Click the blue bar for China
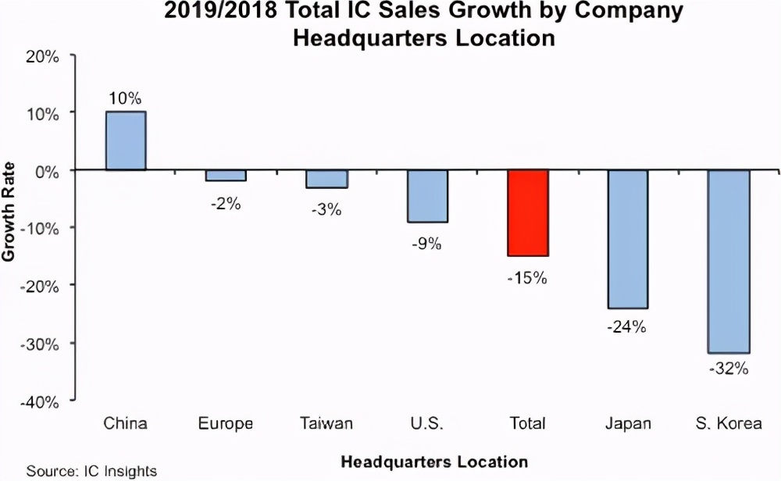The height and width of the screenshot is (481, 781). point(125,141)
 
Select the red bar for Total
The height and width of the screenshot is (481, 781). point(528,212)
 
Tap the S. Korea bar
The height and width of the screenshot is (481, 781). point(729,261)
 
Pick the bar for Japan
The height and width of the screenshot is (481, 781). point(628,238)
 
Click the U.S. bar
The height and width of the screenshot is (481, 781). point(427,196)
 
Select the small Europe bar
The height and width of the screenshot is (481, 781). point(226,176)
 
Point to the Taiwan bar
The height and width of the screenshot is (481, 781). point(326,179)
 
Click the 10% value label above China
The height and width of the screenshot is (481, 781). point(125,98)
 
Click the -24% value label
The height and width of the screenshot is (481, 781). point(628,327)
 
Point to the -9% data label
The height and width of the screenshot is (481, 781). point(427,243)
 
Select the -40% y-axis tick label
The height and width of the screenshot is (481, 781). point(41,401)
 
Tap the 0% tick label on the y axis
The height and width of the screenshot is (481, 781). point(48,170)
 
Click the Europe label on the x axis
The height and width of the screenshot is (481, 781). point(226,424)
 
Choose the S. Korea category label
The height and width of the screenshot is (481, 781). point(729,424)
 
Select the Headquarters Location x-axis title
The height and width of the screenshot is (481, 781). point(433,461)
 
